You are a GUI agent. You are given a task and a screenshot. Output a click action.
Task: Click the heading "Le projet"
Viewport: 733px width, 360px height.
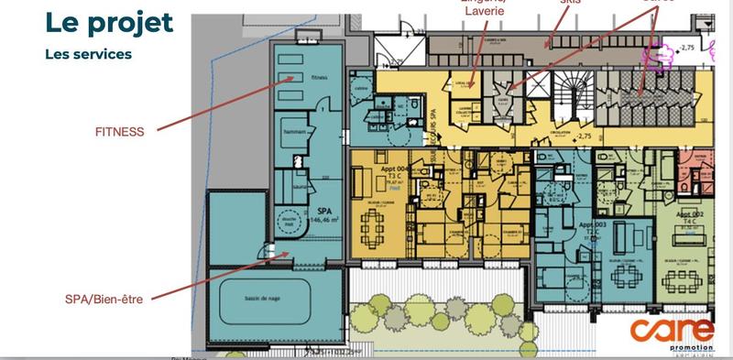click(x=109, y=23)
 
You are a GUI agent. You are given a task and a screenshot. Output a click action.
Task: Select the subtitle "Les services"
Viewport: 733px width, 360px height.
click(x=88, y=54)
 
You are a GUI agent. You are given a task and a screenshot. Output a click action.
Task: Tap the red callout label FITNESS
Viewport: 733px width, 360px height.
click(x=120, y=131)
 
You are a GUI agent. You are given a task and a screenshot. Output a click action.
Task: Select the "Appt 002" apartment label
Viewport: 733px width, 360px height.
click(x=689, y=214)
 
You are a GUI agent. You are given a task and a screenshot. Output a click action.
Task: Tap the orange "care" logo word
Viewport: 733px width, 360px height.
click(x=673, y=329)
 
